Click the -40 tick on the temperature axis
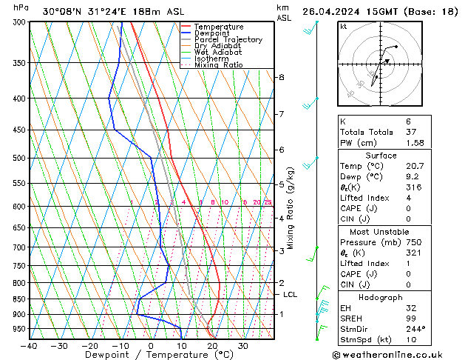[x=29, y=345]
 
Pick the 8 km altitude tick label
[x=281, y=77]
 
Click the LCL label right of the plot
[x=291, y=294]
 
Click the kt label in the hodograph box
[x=344, y=26]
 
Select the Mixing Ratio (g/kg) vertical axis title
[x=291, y=207]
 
